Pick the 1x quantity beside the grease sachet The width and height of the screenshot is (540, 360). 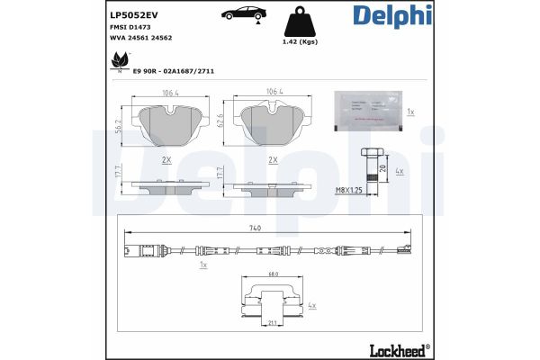(410, 112)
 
